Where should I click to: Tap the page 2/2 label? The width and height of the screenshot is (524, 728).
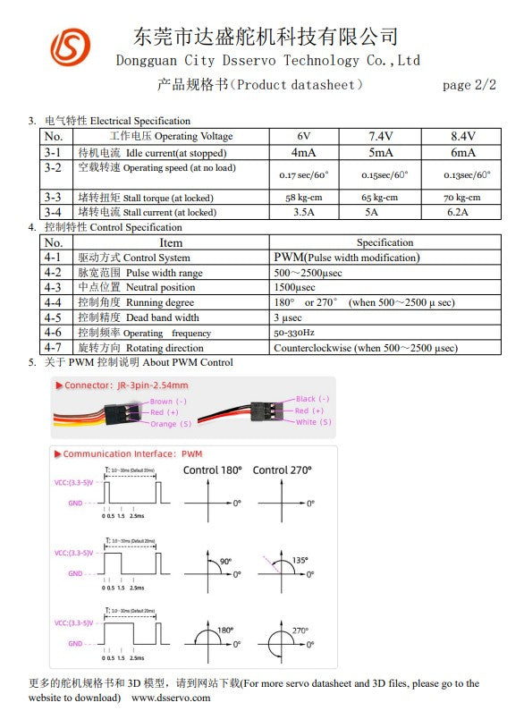[x=469, y=85]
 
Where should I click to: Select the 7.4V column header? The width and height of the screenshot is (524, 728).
[x=381, y=136]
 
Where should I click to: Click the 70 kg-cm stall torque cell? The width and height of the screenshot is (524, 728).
[x=461, y=197]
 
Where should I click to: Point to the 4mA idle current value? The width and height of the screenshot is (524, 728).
[x=304, y=152]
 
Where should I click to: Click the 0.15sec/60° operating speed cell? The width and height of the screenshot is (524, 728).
[x=381, y=174]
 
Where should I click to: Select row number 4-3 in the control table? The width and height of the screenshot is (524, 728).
[x=53, y=287]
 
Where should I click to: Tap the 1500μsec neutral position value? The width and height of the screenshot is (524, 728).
[x=294, y=287]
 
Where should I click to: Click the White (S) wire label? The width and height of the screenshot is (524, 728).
[x=313, y=422]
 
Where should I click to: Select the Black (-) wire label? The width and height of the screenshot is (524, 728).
[x=312, y=399]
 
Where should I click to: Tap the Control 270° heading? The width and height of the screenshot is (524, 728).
[x=283, y=470]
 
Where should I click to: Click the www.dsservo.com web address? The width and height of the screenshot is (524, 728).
[x=171, y=697]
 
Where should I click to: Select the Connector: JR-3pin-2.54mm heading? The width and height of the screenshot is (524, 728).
[x=126, y=385]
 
